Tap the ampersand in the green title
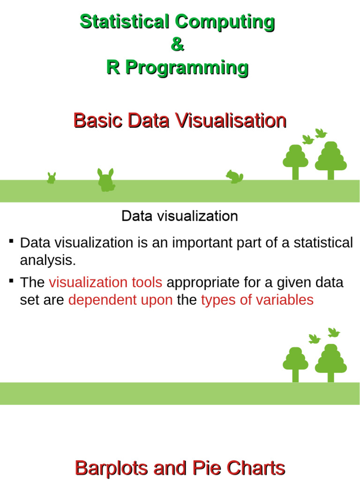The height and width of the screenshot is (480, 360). point(177,45)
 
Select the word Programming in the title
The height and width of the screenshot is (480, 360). point(186,68)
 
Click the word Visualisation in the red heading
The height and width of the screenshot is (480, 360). point(231,121)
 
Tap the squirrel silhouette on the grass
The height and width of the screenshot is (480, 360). point(234,176)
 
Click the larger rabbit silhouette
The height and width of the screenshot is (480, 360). point(106,180)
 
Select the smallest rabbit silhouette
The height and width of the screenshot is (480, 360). point(52,178)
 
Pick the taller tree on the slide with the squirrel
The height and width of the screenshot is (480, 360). point(330,159)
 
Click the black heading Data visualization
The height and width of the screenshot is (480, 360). point(180,216)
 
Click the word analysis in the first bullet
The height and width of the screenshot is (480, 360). point(47,260)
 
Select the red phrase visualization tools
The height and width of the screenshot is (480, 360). point(105,283)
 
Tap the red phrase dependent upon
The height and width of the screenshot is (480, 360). point(120,300)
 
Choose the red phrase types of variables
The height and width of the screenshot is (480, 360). point(257,300)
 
